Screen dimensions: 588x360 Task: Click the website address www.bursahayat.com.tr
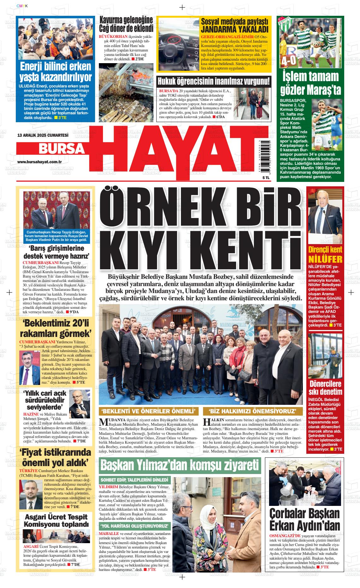pyautogui.click(x=39, y=162)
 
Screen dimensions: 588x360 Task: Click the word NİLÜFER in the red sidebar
pyautogui.click(x=325, y=259)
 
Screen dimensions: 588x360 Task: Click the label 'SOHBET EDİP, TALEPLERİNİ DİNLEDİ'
pyautogui.click(x=135, y=480)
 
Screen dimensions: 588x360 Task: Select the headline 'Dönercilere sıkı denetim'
pyautogui.click(x=326, y=388)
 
